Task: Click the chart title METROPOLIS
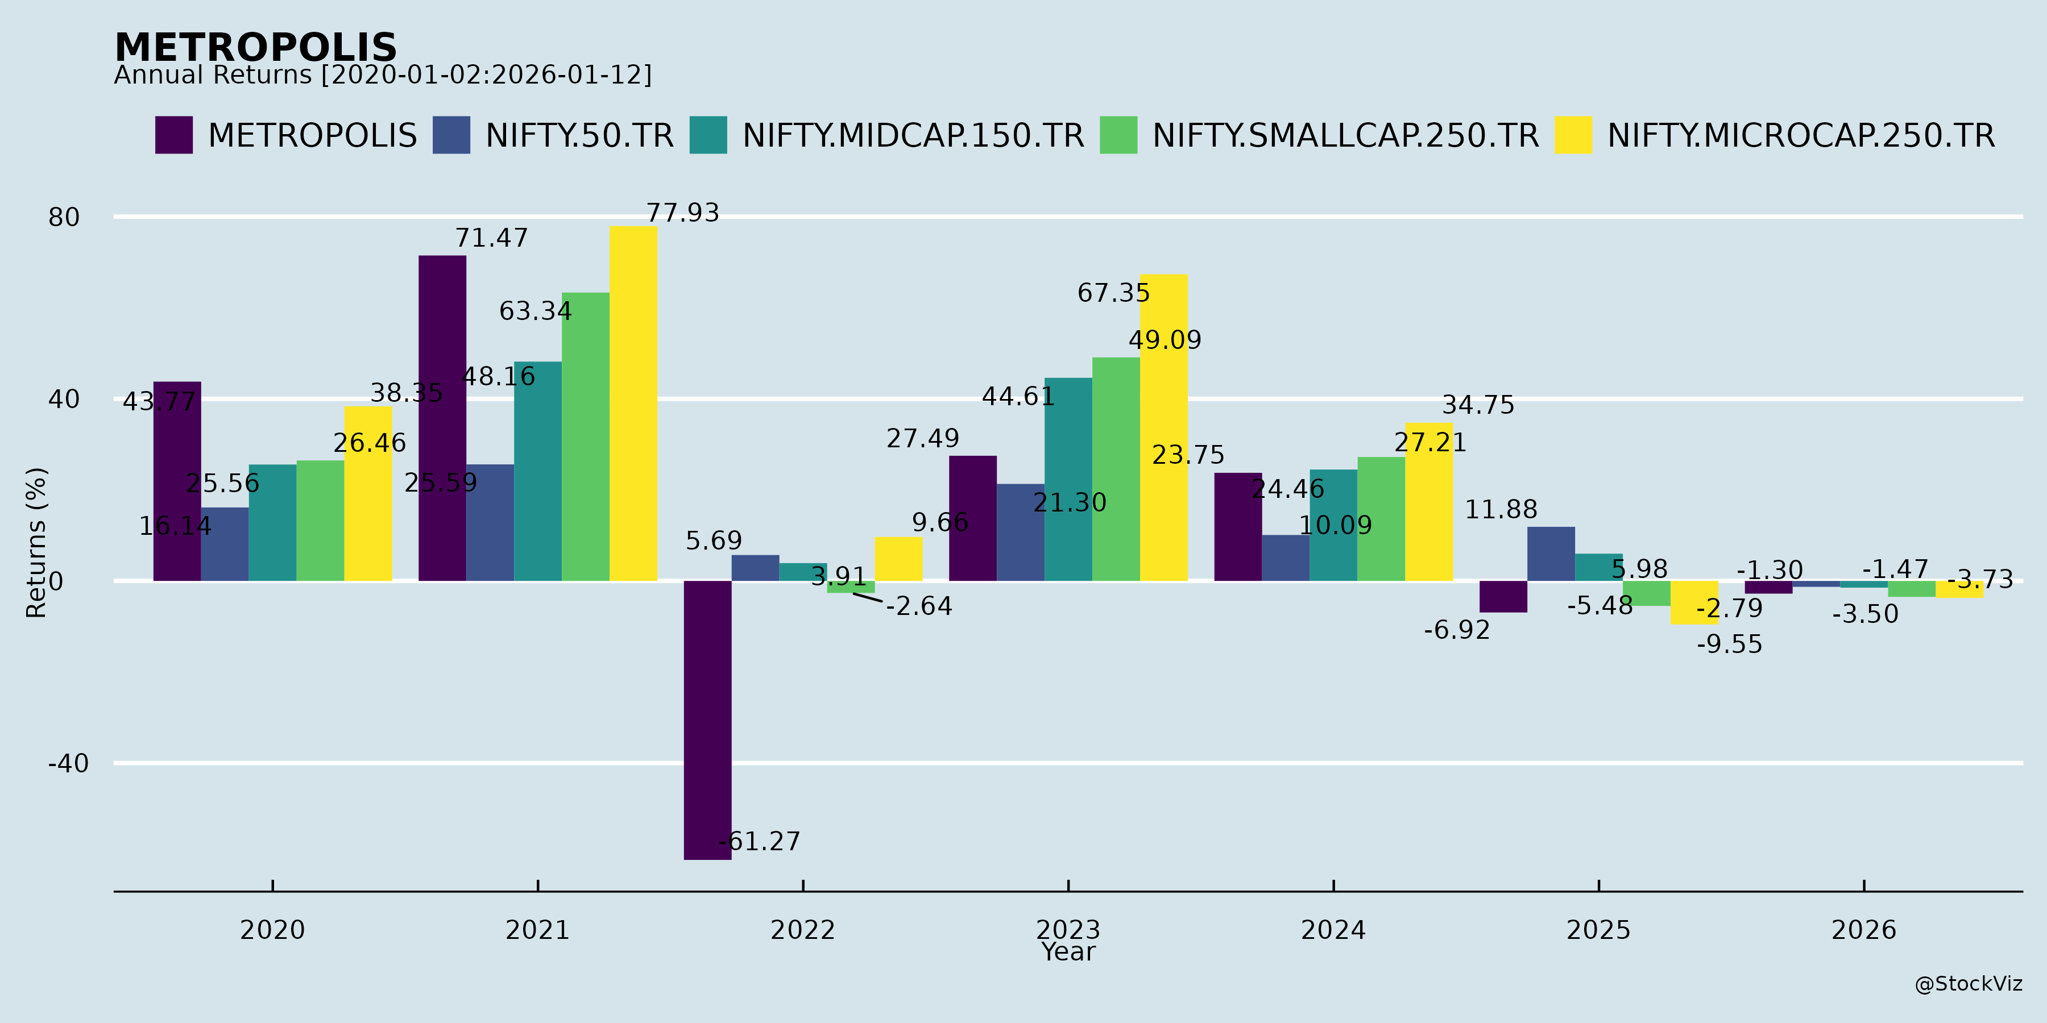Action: pyautogui.click(x=255, y=48)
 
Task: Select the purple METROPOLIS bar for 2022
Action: pyautogui.click(x=707, y=719)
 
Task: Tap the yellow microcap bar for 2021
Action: pyautogui.click(x=633, y=404)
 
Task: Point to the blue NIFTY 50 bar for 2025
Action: pyautogui.click(x=1551, y=554)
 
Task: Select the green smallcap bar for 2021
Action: pyautogui.click(x=586, y=437)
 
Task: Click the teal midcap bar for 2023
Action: pyautogui.click(x=1068, y=479)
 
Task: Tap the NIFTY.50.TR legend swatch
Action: pyautogui.click(x=451, y=135)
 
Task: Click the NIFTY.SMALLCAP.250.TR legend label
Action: pyautogui.click(x=1345, y=136)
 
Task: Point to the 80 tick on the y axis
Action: pyautogui.click(x=64, y=217)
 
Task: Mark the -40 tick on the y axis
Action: pyautogui.click(x=68, y=764)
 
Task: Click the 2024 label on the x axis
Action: pyautogui.click(x=1333, y=930)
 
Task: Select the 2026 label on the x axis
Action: pyautogui.click(x=1863, y=930)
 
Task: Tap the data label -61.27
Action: pyautogui.click(x=760, y=841)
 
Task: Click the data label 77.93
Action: pyautogui.click(x=682, y=213)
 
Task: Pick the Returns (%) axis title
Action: pyautogui.click(x=36, y=543)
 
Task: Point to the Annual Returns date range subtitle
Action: pyautogui.click(x=382, y=76)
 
